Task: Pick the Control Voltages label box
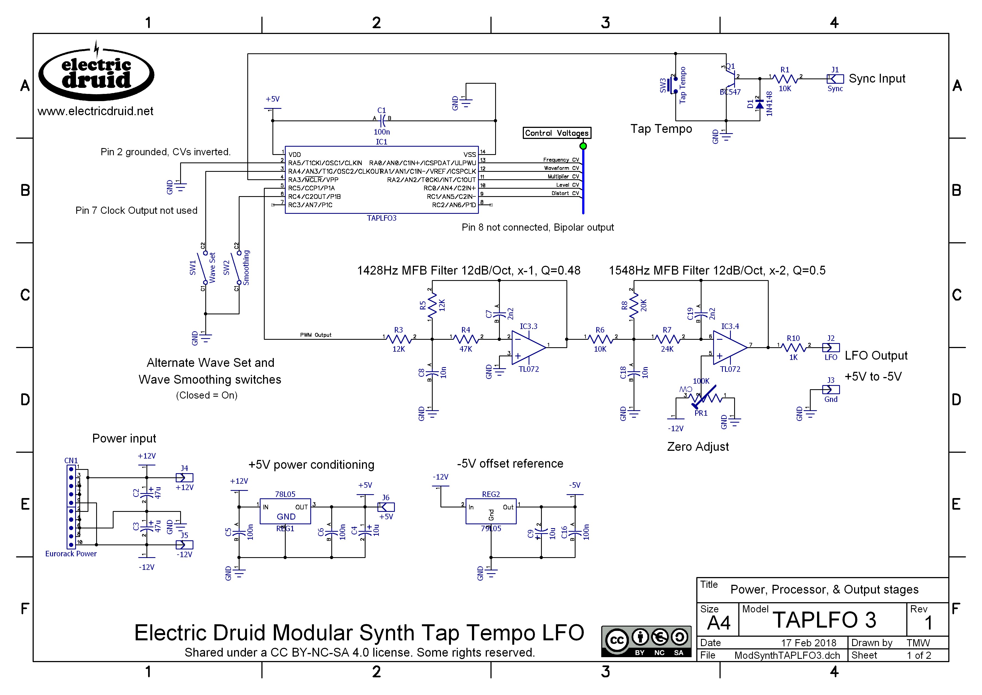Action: [556, 133]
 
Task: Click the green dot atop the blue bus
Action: [583, 146]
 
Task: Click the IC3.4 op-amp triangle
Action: [729, 347]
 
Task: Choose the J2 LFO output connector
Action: [831, 347]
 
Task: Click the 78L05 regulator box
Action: [285, 511]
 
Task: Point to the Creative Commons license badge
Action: [646, 641]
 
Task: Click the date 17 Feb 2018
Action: [808, 643]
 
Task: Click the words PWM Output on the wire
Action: [316, 335]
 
